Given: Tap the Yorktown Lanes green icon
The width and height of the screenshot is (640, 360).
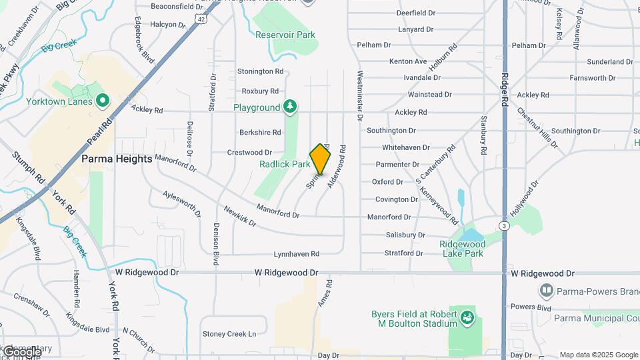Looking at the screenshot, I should coord(102,101).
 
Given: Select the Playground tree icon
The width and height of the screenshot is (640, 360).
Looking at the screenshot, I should coord(289,107).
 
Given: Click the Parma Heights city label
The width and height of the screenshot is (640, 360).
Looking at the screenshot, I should coord(117,159).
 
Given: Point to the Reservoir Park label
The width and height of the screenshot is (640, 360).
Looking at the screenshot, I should coord(285,35).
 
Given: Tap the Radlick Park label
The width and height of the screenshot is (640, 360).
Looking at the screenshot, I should coord(285,164).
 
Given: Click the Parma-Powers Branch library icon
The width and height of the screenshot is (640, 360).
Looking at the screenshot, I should coord(546,291).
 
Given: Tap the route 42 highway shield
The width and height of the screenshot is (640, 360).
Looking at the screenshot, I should coord(201,20).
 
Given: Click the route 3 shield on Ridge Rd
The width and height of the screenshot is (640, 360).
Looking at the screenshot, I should coord(505,227).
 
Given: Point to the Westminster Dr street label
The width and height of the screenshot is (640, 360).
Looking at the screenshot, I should coord(360,95).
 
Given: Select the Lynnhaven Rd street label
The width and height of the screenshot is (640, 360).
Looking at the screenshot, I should coord(297,254).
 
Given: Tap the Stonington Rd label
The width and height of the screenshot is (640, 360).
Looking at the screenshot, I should coord(261,71).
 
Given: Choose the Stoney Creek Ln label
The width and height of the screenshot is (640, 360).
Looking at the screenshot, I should coord(229,334).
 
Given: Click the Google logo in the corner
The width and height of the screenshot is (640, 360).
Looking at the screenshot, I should coord(21,351).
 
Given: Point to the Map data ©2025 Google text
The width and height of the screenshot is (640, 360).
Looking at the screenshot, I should coord(599,355).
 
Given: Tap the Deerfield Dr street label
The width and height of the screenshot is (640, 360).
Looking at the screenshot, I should coord(415,13).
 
